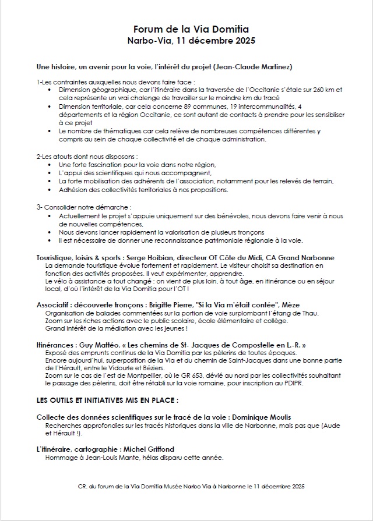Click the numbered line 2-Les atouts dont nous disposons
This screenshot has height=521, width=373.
tap(87, 157)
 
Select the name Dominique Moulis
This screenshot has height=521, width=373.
tap(263, 417)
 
